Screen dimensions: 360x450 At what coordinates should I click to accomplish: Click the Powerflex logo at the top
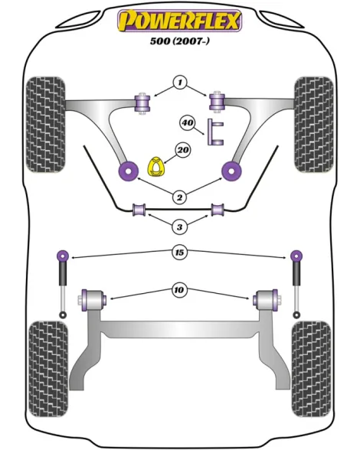179,21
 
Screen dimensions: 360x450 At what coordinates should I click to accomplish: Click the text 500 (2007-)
179,41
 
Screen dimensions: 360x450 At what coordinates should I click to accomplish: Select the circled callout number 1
180,83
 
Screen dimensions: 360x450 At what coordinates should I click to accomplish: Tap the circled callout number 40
187,122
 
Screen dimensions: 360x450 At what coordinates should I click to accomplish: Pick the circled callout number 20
183,150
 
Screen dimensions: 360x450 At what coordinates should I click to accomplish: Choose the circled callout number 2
179,197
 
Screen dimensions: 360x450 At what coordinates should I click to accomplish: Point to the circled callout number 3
179,227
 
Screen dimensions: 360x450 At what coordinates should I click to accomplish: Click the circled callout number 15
179,253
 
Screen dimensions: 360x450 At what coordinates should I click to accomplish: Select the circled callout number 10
179,290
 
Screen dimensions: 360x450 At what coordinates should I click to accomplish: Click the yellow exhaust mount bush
156,167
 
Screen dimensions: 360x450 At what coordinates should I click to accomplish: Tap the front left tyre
46,125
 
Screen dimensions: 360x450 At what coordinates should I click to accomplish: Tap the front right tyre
314,125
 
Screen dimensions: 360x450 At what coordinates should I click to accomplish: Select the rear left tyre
49,370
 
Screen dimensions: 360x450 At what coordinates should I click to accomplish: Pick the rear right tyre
311,370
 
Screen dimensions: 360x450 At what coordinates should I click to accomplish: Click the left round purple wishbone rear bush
129,171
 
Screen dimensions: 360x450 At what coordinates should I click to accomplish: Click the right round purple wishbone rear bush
231,171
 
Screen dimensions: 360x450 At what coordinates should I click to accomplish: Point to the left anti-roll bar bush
139,210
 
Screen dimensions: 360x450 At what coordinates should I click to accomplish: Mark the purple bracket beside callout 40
215,132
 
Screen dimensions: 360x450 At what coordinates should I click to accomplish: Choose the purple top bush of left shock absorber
63,256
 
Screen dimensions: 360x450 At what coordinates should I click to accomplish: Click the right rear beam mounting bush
266,300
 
